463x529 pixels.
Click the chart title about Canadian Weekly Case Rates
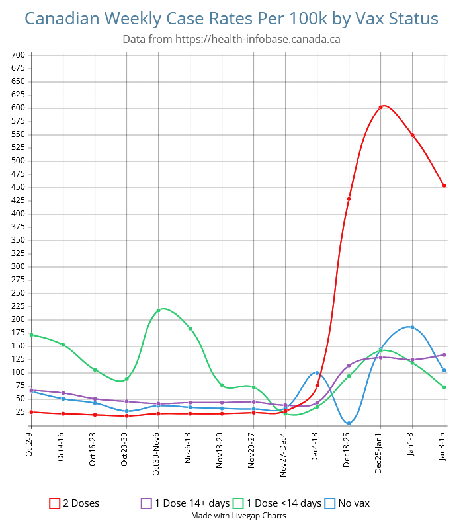coord(232,19)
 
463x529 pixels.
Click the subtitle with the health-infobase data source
coord(232,39)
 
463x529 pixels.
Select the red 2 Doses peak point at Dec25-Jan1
coord(381,107)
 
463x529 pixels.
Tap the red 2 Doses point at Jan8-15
coord(444,186)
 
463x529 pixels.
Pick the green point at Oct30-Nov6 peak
coord(159,310)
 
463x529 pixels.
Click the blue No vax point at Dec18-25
coord(349,423)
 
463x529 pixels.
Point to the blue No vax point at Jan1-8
coord(413,327)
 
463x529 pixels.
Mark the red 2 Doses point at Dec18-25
coord(349,199)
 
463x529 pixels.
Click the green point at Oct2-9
coord(32,335)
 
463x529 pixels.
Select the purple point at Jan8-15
coord(444,355)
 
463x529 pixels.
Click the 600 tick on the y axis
coord(17,108)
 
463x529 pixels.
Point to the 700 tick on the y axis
coord(17,55)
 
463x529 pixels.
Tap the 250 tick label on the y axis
coord(17,293)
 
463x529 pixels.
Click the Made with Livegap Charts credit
coord(239,516)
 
